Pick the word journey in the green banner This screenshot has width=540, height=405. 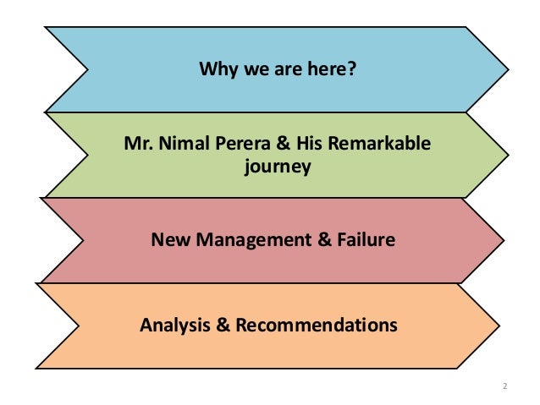(x=278, y=167)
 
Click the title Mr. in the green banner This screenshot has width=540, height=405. (x=138, y=146)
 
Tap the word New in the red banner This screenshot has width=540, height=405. (x=169, y=240)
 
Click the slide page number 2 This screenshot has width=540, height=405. (x=504, y=386)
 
